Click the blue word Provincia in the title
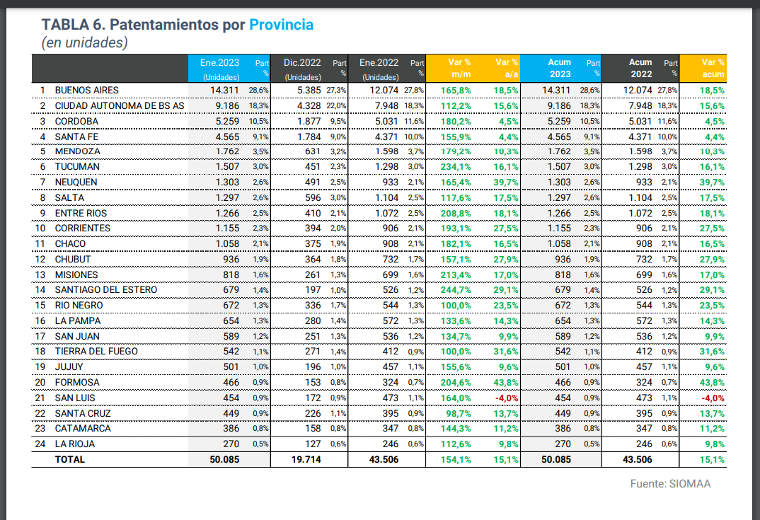[x=280, y=25]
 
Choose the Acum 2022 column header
[x=640, y=68]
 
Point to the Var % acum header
[x=713, y=68]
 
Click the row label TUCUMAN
[x=77, y=167]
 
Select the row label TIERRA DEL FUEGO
[x=96, y=352]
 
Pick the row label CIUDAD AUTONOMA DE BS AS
[x=120, y=105]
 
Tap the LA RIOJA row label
[x=74, y=444]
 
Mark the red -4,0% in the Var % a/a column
[x=506, y=398]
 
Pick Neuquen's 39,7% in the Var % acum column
[x=712, y=183]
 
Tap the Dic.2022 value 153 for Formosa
[x=313, y=383]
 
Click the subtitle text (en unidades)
[x=85, y=43]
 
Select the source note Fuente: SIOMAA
[x=670, y=485]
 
